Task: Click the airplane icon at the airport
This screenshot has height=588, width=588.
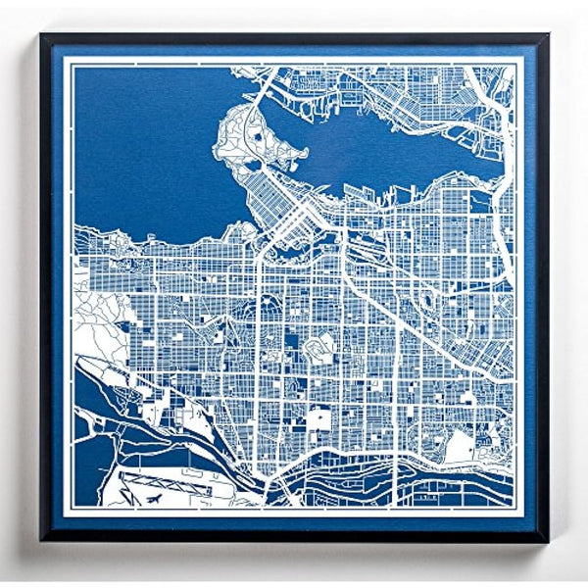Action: pos(155,500)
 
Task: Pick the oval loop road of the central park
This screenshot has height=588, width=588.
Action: pos(320,346)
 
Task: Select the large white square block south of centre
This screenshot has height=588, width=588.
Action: pos(319,420)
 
